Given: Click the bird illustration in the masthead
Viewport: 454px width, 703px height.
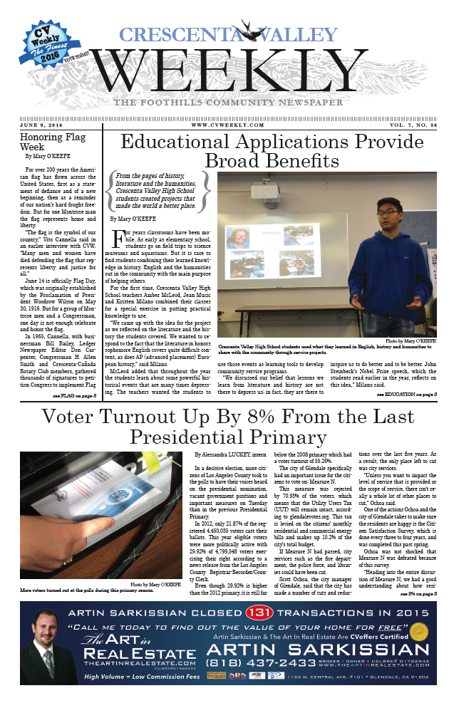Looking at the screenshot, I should point(249,33).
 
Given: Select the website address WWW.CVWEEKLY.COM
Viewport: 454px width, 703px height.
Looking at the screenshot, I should point(227,125).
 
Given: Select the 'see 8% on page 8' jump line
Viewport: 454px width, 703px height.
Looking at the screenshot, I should point(418,592).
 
